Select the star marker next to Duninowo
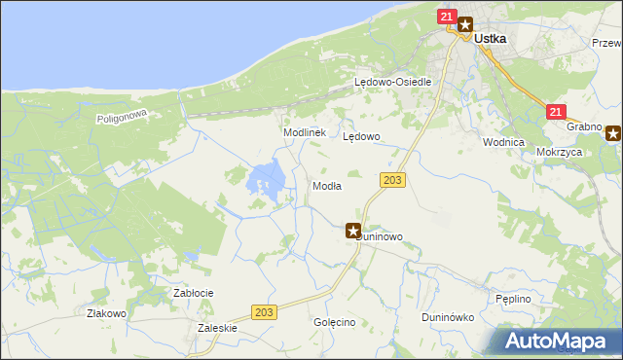353,230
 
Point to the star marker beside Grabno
613,133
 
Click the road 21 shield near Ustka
447,17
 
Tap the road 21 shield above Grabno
556,113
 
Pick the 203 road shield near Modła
393,181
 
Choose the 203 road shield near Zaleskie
262,311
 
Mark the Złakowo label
106,313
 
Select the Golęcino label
334,322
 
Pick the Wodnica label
503,141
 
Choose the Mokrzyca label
559,153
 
